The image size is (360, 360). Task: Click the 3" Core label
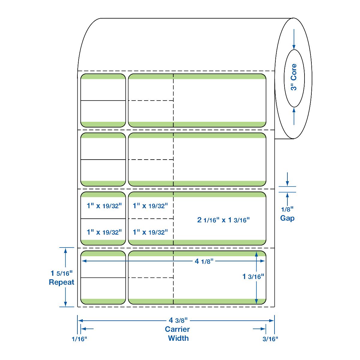click(294, 77)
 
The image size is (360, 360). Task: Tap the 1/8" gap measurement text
click(287, 209)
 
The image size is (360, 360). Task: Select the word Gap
click(287, 218)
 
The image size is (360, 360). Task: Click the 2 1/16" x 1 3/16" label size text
click(223, 220)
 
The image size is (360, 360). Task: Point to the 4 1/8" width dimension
click(204, 261)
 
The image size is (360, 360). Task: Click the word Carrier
click(177, 329)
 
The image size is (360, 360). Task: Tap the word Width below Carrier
click(178, 338)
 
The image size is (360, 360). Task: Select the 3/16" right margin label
click(270, 339)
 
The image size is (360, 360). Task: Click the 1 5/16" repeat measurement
click(61, 273)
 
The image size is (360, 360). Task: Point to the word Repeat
click(61, 282)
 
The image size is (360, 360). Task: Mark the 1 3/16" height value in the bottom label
click(253, 277)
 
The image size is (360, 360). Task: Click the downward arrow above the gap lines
click(287, 179)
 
